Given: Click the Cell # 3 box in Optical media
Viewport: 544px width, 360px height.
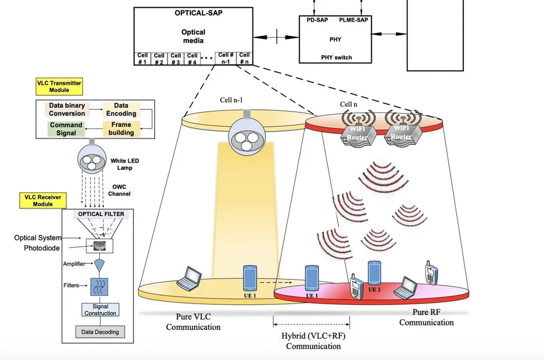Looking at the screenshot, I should point(176,58).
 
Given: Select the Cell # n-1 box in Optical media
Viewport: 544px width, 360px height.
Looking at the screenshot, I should point(226,58).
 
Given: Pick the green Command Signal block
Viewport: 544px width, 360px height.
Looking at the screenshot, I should point(66,129).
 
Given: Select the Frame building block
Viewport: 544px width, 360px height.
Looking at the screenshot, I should point(121,129).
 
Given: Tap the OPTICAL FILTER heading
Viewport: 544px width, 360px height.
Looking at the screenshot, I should point(101,215).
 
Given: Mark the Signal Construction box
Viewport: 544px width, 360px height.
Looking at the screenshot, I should point(100,310).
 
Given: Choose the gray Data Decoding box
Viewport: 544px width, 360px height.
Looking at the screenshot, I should point(100,332).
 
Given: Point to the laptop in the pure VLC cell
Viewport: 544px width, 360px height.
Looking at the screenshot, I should point(189,279).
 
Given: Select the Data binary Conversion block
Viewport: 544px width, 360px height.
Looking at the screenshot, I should point(67,110).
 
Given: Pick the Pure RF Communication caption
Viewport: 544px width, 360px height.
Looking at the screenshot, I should point(427,318).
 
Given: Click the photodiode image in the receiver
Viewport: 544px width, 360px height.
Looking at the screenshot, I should point(99,245).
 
